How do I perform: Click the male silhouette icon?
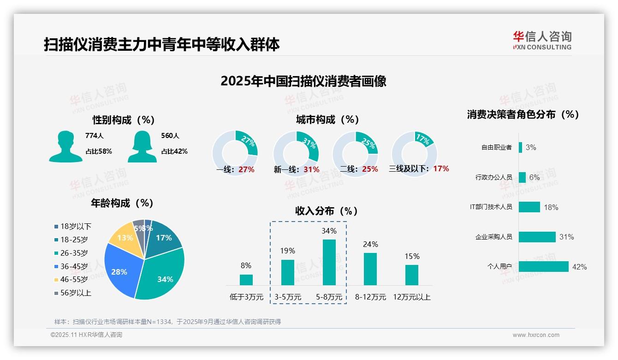pyautogui.click(x=65, y=147)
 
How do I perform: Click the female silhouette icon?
pyautogui.click(x=142, y=147)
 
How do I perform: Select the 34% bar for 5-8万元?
pyautogui.click(x=329, y=262)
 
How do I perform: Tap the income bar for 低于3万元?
pyautogui.click(x=246, y=280)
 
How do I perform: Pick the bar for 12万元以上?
pyautogui.click(x=411, y=275)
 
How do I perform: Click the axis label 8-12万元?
pyautogui.click(x=370, y=297)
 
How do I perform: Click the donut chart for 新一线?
pyautogui.click(x=296, y=153)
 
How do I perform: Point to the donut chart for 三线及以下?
pyautogui.click(x=414, y=153)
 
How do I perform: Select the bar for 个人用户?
pyautogui.click(x=543, y=267)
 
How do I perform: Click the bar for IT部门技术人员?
pyautogui.click(x=529, y=207)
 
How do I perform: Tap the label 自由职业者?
pyautogui.click(x=496, y=148)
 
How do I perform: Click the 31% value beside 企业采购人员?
pyautogui.click(x=566, y=237)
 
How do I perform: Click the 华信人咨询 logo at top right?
pyautogui.click(x=542, y=40)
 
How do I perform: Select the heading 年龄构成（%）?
pyautogui.click(x=122, y=203)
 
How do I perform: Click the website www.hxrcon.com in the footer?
pyautogui.click(x=536, y=335)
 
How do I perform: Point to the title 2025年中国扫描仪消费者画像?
pyautogui.click(x=303, y=81)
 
